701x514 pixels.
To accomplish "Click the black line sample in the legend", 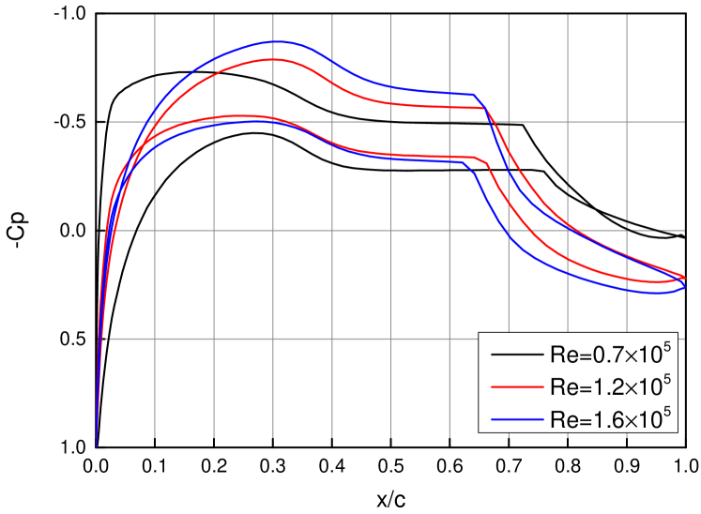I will click(516, 355).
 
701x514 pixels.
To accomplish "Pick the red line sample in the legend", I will click(516, 386).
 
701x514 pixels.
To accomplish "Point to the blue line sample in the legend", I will click(516, 417).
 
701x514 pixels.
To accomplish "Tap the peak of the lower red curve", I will click(246, 115).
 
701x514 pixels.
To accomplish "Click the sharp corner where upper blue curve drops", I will click(475, 95).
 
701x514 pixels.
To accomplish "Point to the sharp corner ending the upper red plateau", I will click(485, 109).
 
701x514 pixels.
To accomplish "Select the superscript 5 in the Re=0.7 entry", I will click(667, 345).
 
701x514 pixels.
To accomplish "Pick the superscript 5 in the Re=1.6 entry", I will click(667, 407).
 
